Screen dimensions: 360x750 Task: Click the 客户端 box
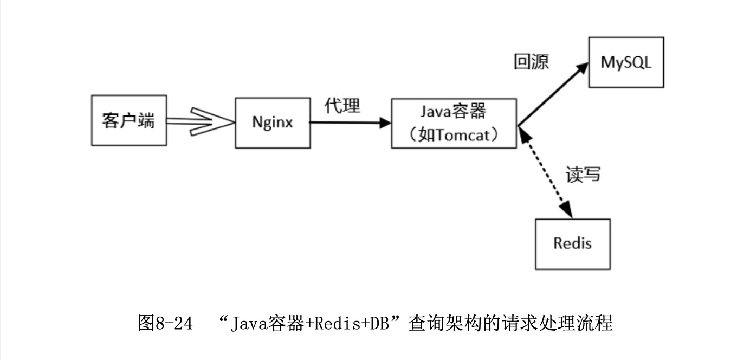[x=129, y=120]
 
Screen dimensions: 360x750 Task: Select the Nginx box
[x=273, y=123]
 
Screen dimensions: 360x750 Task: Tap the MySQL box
[x=626, y=62]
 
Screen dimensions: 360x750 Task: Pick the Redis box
[x=572, y=243]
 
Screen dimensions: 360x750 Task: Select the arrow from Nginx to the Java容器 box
[x=350, y=123]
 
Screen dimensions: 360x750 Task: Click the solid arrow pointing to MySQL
[x=553, y=94]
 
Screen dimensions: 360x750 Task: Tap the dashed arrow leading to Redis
[x=544, y=171]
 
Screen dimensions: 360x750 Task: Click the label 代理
[x=342, y=105]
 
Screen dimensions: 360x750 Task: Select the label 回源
[x=531, y=62]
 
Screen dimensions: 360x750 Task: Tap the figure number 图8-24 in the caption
[x=166, y=324]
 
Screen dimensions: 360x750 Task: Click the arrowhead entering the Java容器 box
[x=385, y=123]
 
